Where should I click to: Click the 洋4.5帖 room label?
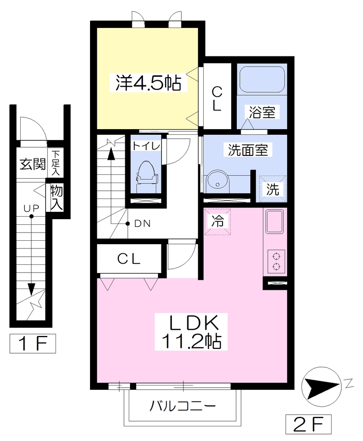click(148, 83)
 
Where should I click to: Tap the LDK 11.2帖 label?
click(191, 332)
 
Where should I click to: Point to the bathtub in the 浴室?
click(261, 79)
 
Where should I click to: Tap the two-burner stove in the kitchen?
click(276, 261)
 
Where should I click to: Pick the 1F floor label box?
click(33, 343)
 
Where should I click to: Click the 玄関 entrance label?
click(33, 164)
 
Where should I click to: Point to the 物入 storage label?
click(56, 198)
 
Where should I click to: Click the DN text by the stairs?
click(143, 224)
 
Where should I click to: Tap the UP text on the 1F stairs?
click(31, 208)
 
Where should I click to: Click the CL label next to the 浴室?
click(217, 99)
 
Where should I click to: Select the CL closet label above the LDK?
click(129, 259)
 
